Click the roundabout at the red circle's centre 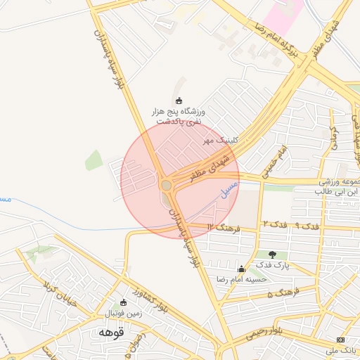pyautogui.click(x=167, y=185)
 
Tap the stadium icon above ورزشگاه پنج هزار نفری pyautogui.click(x=179, y=101)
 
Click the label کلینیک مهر pyautogui.click(x=221, y=140)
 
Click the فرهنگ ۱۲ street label pyautogui.click(x=225, y=226)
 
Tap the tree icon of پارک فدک pyautogui.click(x=272, y=254)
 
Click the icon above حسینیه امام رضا pyautogui.click(x=242, y=269)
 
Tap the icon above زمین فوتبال pyautogui.click(x=124, y=302)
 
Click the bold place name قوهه pyautogui.click(x=111, y=332)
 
